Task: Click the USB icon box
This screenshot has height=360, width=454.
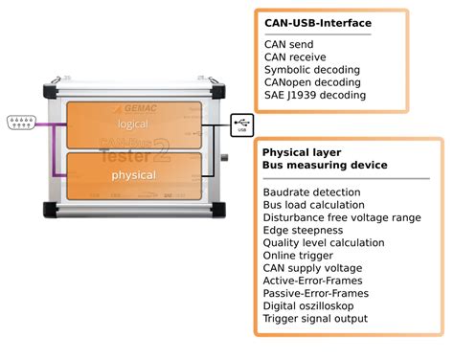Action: pos(242,125)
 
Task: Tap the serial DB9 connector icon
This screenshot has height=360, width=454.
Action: pos(21,123)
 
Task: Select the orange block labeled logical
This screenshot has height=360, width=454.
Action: pos(134,125)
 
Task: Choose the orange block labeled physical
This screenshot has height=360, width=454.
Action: pos(134,176)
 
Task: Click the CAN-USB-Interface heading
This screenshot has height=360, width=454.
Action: pos(318,23)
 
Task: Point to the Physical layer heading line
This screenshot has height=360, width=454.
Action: pos(302,152)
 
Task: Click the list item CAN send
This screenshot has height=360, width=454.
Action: pos(289,44)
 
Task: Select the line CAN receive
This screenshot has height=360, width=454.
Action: pos(295,57)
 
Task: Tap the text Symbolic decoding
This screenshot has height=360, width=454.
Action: pos(312,70)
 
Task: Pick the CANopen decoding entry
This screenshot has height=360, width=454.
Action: pos(312,82)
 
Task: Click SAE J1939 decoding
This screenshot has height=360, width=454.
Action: pos(315,95)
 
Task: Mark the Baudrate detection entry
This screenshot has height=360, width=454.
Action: pos(311,192)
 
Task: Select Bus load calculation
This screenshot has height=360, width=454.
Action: pos(314,205)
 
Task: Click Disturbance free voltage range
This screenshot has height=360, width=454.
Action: pos(342,217)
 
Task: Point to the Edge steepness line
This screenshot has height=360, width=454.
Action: pos(303,231)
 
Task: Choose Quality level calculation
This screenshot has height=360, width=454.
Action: pos(324,243)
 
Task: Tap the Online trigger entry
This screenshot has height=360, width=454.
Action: pos(298,256)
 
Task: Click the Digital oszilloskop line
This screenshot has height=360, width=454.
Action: pos(308,306)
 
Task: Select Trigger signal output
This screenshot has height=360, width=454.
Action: pos(315,319)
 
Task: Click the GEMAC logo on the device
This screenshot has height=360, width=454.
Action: pos(136,108)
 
